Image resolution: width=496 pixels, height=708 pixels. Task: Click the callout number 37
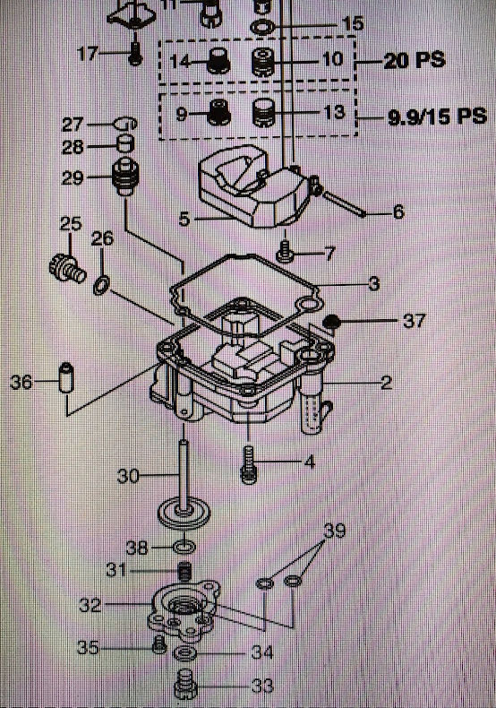(x=414, y=321)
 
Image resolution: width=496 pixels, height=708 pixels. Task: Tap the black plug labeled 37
(x=332, y=322)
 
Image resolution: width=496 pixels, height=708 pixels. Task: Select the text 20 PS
(x=415, y=60)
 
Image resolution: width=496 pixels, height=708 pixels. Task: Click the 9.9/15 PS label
(x=438, y=117)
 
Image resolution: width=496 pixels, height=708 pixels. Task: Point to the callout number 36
(x=21, y=382)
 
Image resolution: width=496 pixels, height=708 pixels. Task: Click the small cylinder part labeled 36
(x=66, y=377)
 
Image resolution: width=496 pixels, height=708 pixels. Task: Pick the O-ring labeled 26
(x=101, y=286)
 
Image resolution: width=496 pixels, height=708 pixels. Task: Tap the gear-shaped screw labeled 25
(x=67, y=268)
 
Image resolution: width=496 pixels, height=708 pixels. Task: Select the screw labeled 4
(x=249, y=464)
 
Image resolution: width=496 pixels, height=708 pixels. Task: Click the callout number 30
(x=128, y=476)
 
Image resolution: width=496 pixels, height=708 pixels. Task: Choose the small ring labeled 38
(x=184, y=548)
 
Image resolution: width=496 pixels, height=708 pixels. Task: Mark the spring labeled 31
(x=184, y=572)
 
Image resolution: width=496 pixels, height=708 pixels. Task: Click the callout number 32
(x=90, y=605)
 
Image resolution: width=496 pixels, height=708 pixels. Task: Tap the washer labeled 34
(x=184, y=653)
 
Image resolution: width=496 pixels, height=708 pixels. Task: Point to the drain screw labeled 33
(x=185, y=684)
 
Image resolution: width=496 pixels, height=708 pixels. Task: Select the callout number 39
(x=334, y=531)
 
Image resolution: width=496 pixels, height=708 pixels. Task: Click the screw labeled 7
(x=284, y=252)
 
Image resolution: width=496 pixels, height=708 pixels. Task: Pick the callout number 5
(x=184, y=220)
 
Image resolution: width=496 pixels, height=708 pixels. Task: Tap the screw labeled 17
(x=134, y=54)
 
